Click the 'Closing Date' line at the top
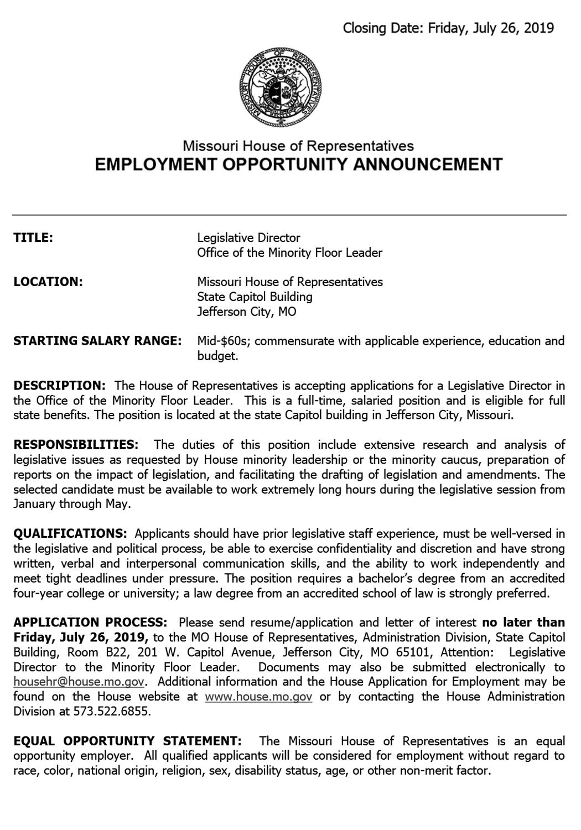[448, 28]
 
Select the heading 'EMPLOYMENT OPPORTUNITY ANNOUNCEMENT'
[299, 164]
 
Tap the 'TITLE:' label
[33, 238]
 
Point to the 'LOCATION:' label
[48, 282]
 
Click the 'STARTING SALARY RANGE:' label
[97, 341]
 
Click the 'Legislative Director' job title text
[249, 238]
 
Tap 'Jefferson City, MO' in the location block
[247, 312]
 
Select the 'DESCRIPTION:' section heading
[59, 385]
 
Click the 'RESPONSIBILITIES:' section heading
[76, 445]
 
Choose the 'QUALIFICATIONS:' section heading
[70, 534]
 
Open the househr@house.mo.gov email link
[79, 682]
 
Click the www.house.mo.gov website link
[258, 697]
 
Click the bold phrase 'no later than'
[524, 622]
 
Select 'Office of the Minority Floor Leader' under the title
[290, 253]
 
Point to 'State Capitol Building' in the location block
[255, 297]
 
